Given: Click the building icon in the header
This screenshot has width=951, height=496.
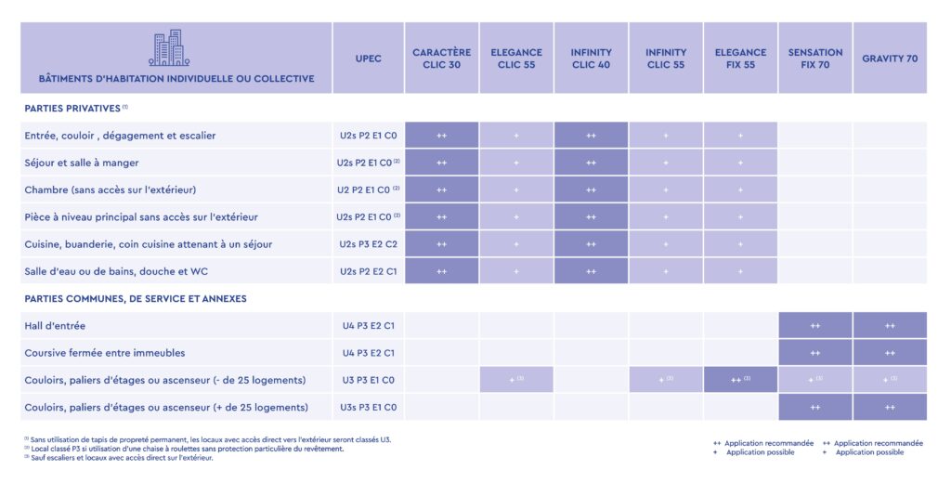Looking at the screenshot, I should coord(168,48).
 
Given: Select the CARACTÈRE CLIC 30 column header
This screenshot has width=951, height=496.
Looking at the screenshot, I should coord(442,59).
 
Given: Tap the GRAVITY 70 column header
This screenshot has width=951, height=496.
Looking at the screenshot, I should coord(890,59).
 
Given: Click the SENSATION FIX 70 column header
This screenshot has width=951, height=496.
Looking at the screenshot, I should coord(814,59).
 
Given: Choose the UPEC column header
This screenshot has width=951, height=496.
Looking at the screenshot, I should coord(368,59).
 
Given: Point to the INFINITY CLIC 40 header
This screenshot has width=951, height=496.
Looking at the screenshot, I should coord(592,59).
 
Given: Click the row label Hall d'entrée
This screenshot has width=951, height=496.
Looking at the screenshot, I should coord(56,326).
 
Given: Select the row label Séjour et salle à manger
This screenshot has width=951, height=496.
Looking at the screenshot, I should coord(82,163).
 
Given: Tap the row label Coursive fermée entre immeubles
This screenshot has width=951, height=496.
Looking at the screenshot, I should coord(105,353).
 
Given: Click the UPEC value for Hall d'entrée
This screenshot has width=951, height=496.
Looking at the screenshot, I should coord(368,326).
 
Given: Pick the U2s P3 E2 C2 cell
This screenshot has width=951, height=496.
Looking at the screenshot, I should coord(368,244).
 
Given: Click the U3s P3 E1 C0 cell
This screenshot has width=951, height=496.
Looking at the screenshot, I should coord(368,407).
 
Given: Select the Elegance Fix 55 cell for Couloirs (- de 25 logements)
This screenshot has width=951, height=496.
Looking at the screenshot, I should coord(740,380).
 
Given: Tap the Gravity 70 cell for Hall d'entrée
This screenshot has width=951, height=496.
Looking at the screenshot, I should coord(890,326).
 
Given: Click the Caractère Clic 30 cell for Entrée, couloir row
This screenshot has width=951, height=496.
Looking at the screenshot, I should coord(442,136).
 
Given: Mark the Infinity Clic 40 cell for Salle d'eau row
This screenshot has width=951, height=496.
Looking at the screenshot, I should coord(592,271).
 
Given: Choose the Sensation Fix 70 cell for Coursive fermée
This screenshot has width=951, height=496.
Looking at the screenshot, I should coord(814,353).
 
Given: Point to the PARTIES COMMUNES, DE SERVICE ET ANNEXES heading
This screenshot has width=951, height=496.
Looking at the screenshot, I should coord(136,299).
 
